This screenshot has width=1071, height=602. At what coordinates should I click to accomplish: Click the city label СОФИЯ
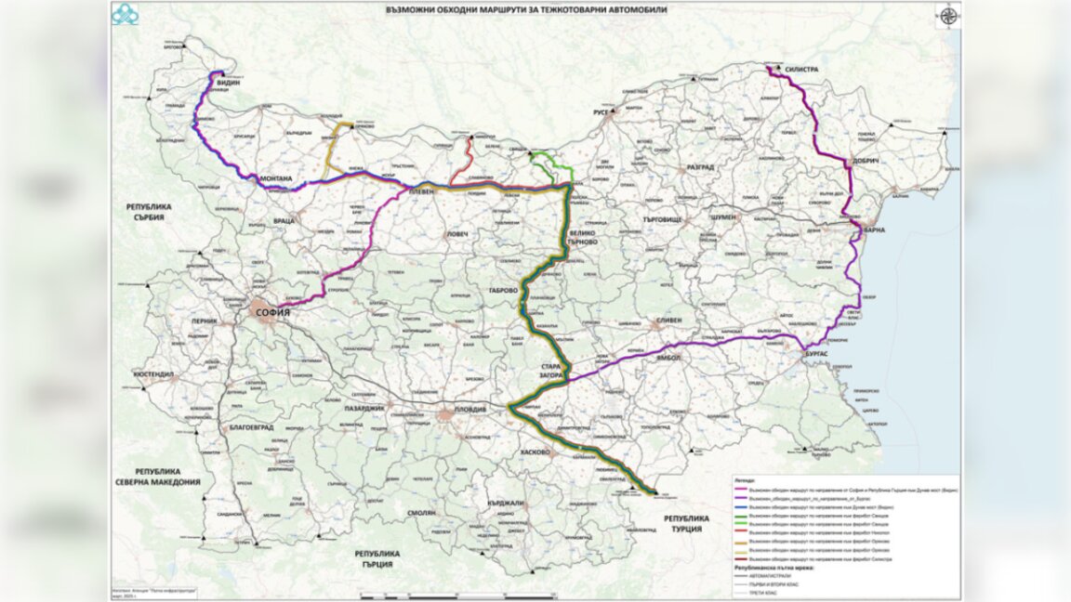[271, 313]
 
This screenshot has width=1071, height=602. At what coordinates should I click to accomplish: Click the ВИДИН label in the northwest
[228, 83]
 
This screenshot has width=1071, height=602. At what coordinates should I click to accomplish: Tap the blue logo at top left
[125, 14]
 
